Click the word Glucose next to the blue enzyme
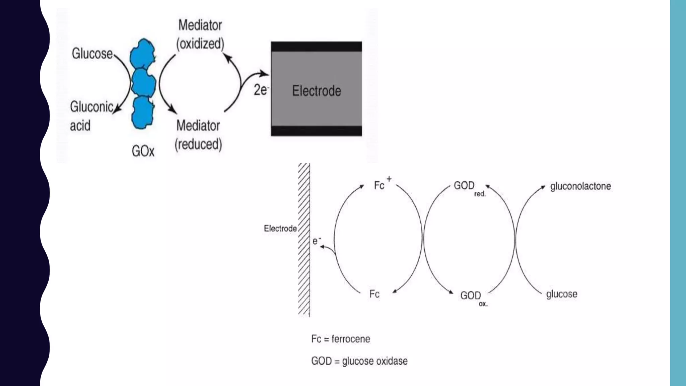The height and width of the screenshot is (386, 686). click(92, 54)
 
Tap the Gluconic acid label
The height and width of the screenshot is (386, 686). click(91, 116)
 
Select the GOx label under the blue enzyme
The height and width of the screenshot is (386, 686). click(143, 151)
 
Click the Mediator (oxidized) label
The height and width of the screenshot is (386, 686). click(200, 35)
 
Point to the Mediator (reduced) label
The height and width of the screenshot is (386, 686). click(198, 135)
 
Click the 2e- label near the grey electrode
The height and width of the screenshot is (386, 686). click(261, 90)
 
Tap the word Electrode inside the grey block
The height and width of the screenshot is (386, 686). click(317, 91)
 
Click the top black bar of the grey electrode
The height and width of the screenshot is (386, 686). click(316, 47)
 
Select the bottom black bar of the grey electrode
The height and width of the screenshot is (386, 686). click(316, 131)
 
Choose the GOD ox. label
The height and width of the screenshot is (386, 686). click(473, 297)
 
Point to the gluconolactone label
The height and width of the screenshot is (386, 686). click(580, 186)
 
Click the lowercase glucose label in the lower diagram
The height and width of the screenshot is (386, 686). click(561, 294)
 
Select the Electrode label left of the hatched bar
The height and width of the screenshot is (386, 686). click(280, 229)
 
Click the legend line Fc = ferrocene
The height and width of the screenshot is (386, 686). click(340, 339)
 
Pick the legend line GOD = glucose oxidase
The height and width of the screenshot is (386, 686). click(359, 361)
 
